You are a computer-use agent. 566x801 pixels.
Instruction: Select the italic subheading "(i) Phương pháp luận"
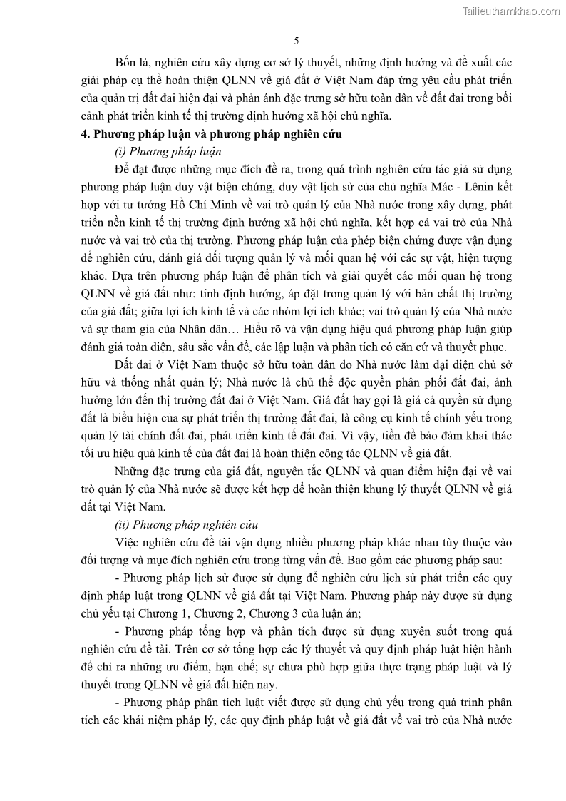pyautogui.click(x=168, y=151)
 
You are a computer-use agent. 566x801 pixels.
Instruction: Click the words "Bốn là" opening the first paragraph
pyautogui.click(x=131, y=59)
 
